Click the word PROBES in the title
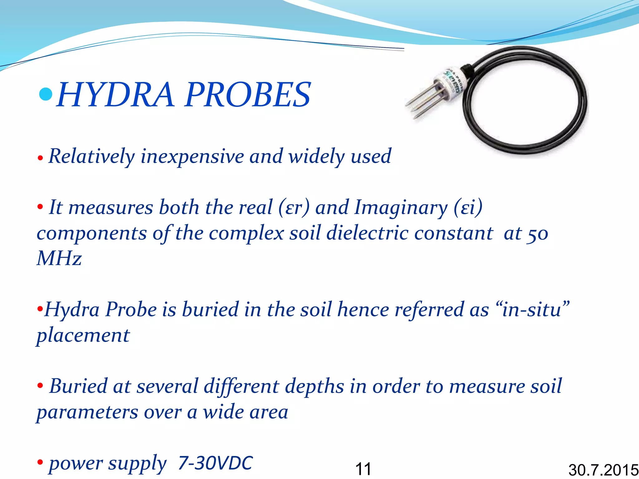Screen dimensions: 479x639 248,95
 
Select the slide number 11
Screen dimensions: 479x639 363,469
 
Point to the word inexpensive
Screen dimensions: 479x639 192,156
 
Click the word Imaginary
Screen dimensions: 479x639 401,208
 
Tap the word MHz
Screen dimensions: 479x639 59,259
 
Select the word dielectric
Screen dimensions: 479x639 367,233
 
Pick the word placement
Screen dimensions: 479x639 83,336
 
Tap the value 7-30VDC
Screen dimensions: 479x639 215,463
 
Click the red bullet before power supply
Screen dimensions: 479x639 40,462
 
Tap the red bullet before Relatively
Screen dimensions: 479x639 40,158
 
